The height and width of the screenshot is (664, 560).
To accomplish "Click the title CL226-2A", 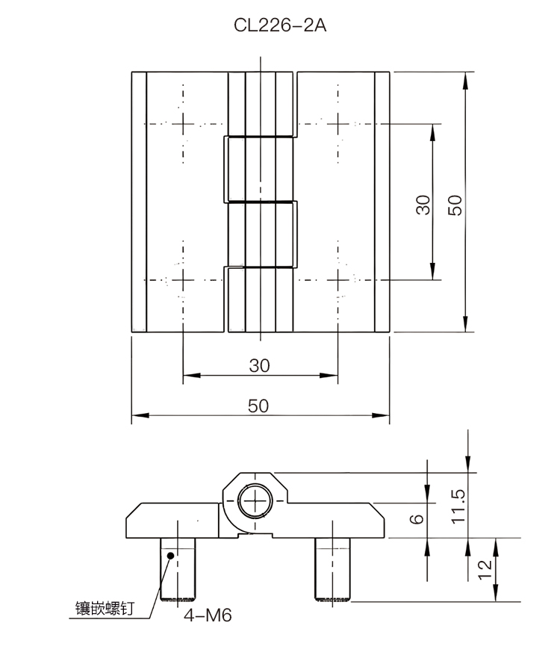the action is [280, 25].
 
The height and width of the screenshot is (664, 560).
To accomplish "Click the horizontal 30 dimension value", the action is [260, 365].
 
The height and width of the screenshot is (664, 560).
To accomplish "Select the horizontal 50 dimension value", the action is [258, 406].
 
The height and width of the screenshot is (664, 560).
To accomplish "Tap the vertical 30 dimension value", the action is [423, 205].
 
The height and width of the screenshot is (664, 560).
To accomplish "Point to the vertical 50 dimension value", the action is [455, 205].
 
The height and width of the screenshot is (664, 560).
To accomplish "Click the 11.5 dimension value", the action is [458, 506].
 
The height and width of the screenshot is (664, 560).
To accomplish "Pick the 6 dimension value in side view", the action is [417, 518].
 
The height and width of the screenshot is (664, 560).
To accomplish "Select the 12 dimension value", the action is [485, 570].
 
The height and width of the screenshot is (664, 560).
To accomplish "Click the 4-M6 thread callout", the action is [208, 615].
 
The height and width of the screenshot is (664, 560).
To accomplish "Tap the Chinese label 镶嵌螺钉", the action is [105, 608].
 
